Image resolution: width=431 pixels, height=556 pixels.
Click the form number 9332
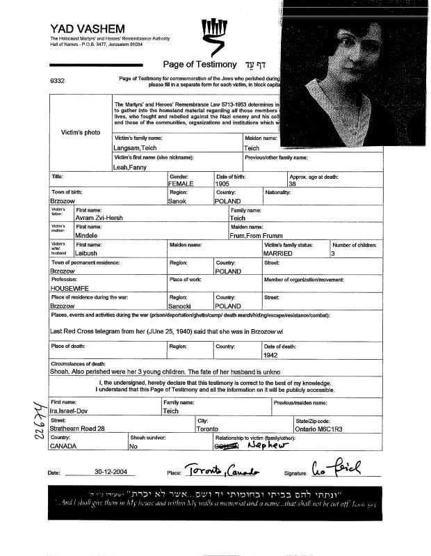click(x=58, y=81)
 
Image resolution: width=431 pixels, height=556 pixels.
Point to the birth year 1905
click(x=222, y=184)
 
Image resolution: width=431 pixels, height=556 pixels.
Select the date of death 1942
click(x=271, y=354)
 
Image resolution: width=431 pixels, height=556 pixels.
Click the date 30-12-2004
click(x=113, y=471)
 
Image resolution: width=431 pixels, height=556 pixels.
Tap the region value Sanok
click(x=178, y=200)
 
